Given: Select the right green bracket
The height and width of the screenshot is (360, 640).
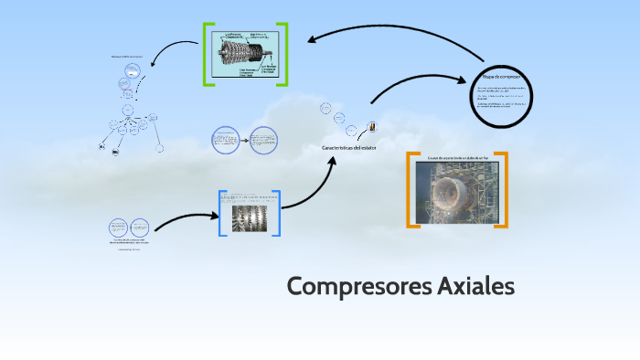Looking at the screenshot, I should [x=284, y=54].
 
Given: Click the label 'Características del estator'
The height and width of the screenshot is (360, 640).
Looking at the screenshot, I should [x=347, y=147].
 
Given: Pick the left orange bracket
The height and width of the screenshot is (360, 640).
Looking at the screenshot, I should [x=411, y=189].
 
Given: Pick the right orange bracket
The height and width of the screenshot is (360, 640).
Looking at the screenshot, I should [x=503, y=189].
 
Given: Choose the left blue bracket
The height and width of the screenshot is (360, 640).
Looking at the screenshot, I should [x=221, y=213].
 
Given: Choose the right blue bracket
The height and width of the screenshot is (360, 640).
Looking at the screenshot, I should [x=276, y=213].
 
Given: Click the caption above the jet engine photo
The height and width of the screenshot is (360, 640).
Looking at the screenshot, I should [x=456, y=158].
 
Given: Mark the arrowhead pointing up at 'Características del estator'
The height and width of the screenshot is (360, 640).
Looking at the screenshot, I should [x=335, y=161].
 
